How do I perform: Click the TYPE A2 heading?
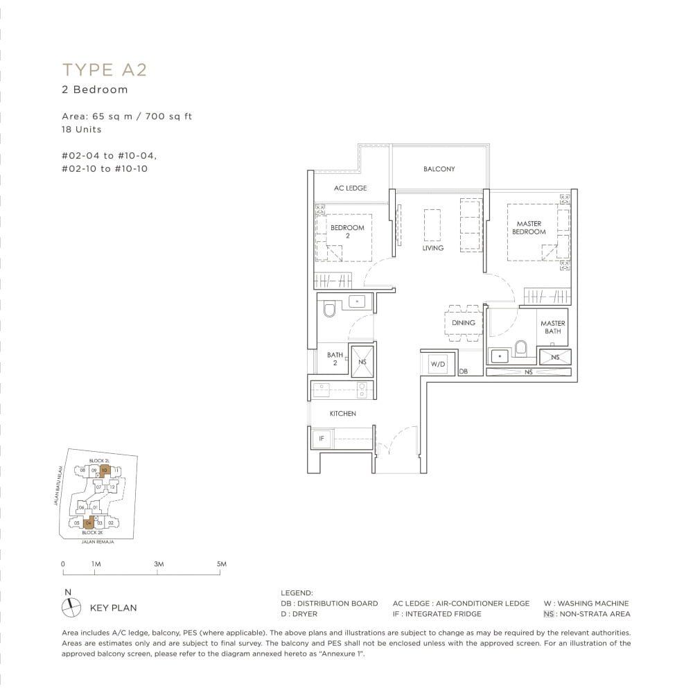tap(105, 69)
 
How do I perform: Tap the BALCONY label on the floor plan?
tap(439, 169)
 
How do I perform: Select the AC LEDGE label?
tap(350, 188)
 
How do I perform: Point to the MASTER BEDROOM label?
tap(529, 228)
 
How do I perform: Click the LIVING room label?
tap(432, 248)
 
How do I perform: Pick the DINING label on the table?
tap(463, 323)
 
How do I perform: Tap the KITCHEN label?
tap(342, 414)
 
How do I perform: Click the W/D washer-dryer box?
tap(437, 364)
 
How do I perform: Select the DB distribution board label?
tap(463, 372)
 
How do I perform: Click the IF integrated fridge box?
tap(322, 439)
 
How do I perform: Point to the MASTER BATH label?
tap(552, 327)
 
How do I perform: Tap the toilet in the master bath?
tap(522, 348)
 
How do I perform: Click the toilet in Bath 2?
tap(329, 308)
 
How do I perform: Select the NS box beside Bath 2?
tap(362, 361)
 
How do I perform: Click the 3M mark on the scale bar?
tap(159, 565)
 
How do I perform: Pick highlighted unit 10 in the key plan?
tap(105, 470)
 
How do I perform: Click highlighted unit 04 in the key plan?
tap(89, 522)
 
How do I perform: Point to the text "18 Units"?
tap(80, 130)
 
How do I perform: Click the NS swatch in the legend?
tap(549, 614)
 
